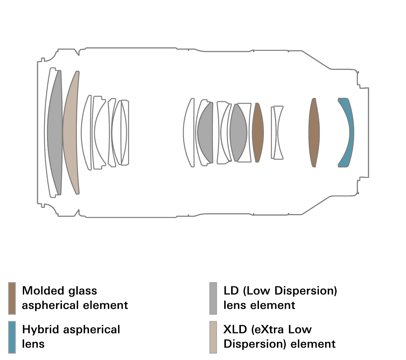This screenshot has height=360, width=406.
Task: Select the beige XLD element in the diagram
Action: coord(70,132)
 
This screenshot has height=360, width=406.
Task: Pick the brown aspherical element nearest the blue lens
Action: coord(314,132)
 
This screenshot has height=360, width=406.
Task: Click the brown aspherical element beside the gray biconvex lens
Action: coord(258,132)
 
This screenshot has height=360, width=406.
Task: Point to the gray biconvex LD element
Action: coord(238,132)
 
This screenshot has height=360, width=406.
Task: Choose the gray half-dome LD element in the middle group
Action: coord(205,132)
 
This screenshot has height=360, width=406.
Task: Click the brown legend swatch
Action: coord(12,298)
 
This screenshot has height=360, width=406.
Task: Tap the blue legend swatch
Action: coord(12,337)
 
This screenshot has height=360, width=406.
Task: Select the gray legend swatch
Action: coord(213,298)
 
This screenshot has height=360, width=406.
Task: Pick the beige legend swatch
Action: coord(213,337)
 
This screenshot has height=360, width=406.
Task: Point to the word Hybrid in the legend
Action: coord(41,330)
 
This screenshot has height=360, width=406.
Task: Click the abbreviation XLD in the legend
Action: coord(235,329)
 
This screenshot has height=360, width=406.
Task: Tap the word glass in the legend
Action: coord(83,291)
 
